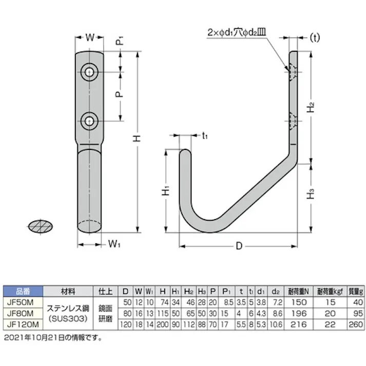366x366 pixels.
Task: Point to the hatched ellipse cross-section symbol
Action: tap(41, 226)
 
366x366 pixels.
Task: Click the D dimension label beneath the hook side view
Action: tap(238, 247)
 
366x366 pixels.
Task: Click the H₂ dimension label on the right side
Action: tap(311, 108)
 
